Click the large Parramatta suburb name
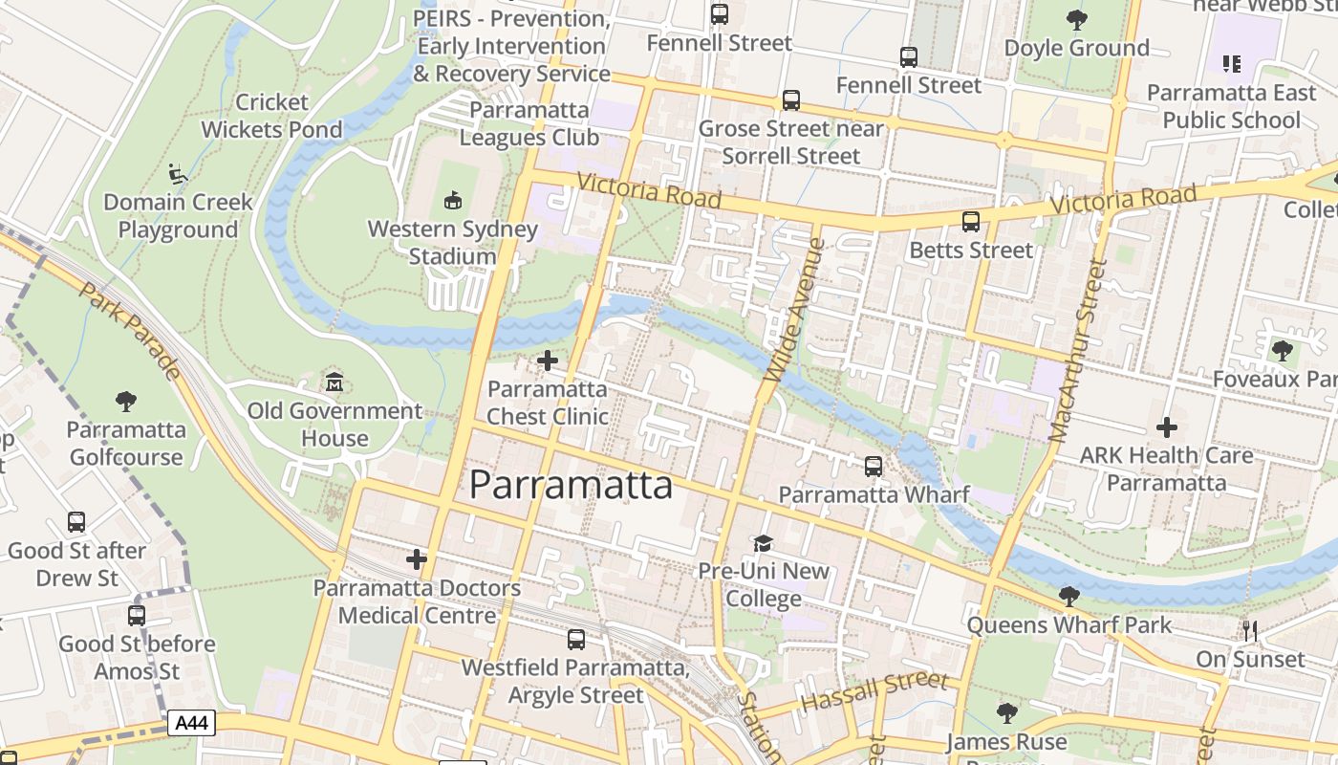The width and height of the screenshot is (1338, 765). click(x=571, y=485)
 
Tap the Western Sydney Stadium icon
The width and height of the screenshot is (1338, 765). click(x=453, y=201)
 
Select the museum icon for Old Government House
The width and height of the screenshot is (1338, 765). click(x=334, y=382)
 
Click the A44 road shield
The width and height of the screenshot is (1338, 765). click(x=192, y=723)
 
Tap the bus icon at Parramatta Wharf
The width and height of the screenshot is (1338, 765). click(x=874, y=467)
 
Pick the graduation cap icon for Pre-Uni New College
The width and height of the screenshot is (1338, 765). click(x=763, y=543)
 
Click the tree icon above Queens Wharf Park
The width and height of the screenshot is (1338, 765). click(x=1068, y=597)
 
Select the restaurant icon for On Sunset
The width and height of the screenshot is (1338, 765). click(x=1249, y=630)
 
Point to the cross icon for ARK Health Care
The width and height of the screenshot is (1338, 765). click(x=1166, y=427)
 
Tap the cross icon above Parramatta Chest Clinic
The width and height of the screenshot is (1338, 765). click(x=548, y=361)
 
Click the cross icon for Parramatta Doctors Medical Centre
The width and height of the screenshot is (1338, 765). click(x=417, y=559)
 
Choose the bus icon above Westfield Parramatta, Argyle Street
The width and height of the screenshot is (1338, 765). click(x=576, y=640)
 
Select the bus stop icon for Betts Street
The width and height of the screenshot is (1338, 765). click(x=971, y=222)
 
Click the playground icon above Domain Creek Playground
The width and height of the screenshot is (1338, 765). click(x=178, y=174)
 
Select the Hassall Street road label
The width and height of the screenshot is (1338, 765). click(x=874, y=690)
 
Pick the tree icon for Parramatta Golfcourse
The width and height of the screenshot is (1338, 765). click(x=125, y=401)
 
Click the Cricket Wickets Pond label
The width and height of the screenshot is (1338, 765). click(x=271, y=116)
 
